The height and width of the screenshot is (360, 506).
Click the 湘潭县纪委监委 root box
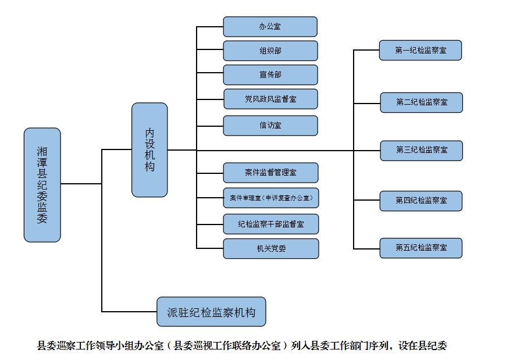point(42,184)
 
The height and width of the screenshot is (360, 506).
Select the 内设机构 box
point(149,149)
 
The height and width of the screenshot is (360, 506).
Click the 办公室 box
point(270,27)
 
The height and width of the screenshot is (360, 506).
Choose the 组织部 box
point(270,51)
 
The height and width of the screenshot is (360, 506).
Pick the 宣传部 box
point(270,75)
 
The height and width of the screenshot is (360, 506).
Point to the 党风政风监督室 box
point(270,99)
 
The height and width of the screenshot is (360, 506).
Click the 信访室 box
point(270,126)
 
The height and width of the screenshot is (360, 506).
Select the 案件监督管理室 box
point(270,173)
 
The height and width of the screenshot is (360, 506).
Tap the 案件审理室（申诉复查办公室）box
point(270,198)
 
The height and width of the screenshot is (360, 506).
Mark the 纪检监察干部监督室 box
point(270,224)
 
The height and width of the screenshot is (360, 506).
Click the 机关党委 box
point(270,248)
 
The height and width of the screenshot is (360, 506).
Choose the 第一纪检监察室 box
point(421,51)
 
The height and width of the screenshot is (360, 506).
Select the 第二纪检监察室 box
point(422,102)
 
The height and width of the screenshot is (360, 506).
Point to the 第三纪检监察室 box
point(422,150)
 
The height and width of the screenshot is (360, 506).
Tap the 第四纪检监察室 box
point(421,201)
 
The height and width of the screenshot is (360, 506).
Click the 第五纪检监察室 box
point(421,248)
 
